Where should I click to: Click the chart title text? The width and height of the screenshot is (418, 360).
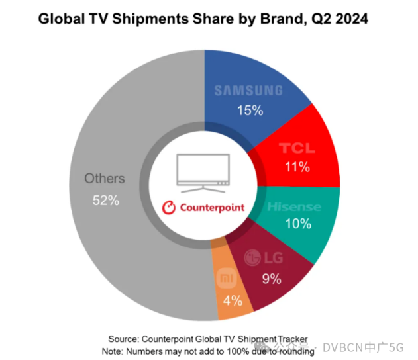(203, 19)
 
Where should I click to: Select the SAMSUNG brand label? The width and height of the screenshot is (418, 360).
(258, 91)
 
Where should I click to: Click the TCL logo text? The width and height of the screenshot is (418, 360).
(297, 149)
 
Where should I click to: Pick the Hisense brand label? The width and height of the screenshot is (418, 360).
(294, 206)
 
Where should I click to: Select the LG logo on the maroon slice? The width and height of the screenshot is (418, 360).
(261, 257)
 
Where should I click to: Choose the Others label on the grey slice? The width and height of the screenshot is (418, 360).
(105, 179)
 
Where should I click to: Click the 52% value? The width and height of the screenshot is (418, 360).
(105, 201)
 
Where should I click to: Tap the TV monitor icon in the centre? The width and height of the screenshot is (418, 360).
(203, 171)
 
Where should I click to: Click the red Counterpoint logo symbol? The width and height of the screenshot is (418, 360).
(169, 207)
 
